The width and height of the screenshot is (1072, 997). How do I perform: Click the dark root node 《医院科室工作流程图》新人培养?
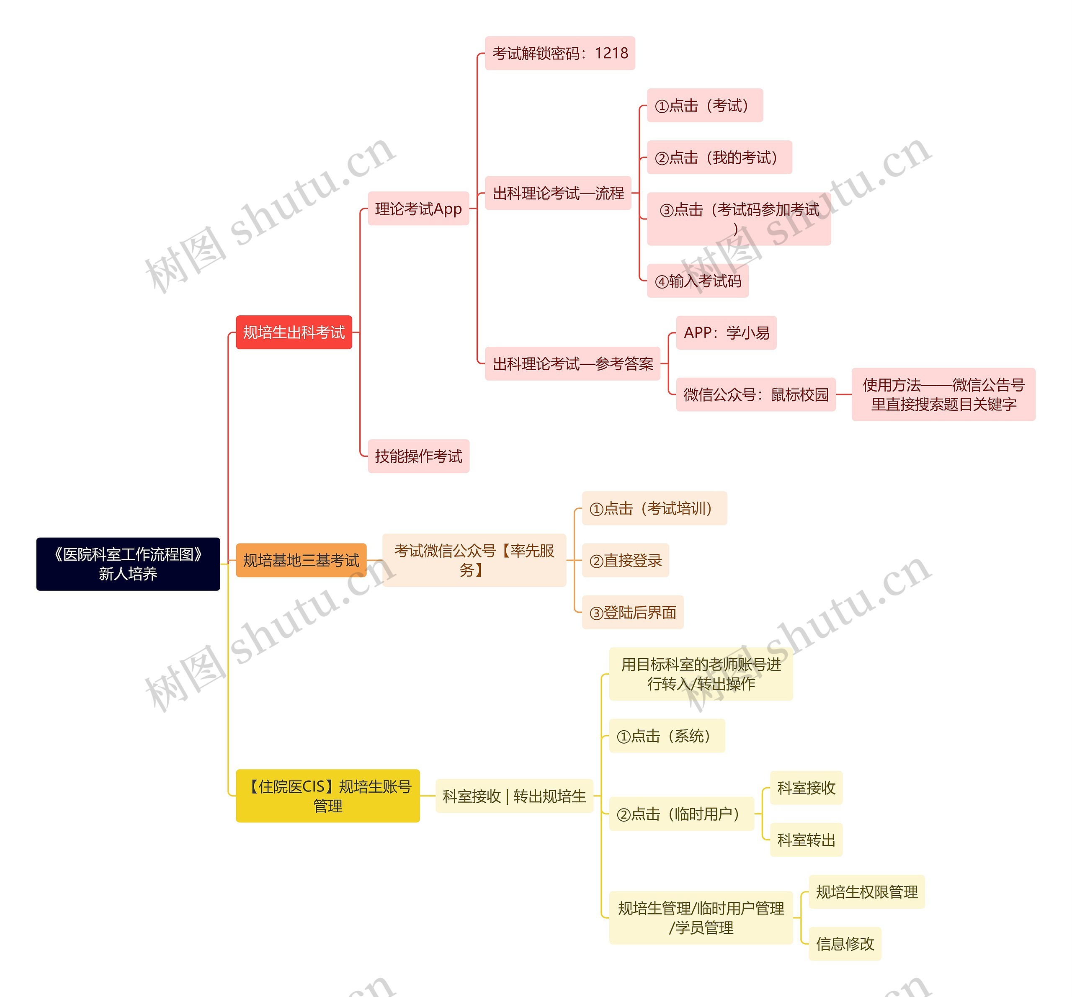128,564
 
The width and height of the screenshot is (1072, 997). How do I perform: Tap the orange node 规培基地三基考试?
301,560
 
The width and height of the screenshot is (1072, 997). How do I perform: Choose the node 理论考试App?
418,209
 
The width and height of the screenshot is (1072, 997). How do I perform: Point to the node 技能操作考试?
418,456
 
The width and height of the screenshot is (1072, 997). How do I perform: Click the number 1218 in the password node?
611,53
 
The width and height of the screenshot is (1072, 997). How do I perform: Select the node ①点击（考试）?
704,106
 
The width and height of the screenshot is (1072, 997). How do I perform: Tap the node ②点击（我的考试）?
719,157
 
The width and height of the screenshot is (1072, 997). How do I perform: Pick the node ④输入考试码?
697,281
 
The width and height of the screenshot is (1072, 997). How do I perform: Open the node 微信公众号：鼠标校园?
755,395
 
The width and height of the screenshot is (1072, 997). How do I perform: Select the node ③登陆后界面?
633,613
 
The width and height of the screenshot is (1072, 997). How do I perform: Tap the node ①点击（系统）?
667,736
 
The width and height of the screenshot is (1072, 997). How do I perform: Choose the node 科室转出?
806,840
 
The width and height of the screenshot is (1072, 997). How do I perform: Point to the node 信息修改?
845,944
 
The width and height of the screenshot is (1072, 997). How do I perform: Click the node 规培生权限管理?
866,892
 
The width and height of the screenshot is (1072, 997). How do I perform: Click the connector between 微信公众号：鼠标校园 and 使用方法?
843,395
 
